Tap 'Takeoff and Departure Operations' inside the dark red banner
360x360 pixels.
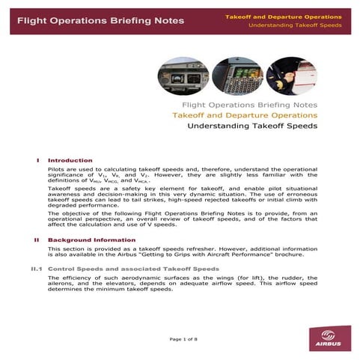click(284, 16)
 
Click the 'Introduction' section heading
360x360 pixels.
click(70, 160)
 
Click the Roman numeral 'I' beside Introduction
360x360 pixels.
click(37, 160)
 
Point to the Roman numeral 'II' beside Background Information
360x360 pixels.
click(36, 240)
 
